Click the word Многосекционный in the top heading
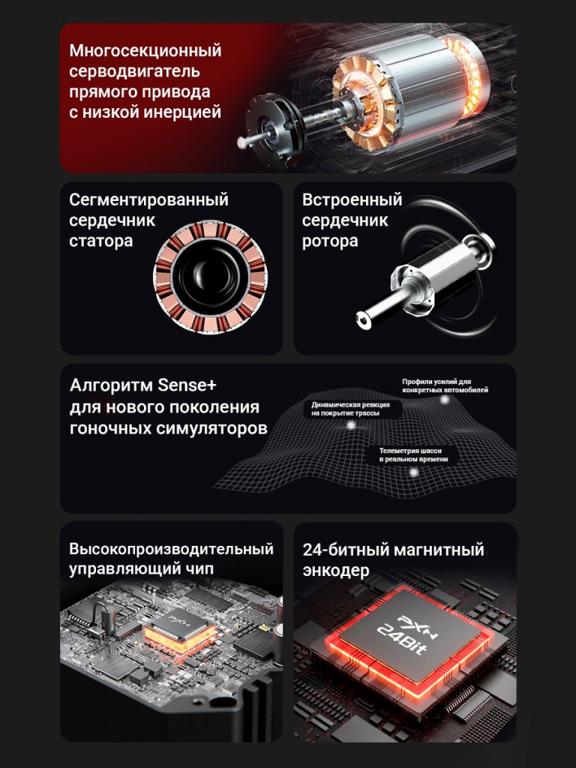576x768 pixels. pyautogui.click(x=145, y=50)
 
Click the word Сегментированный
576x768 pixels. pyautogui.click(x=149, y=199)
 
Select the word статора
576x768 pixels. pyautogui.click(x=101, y=241)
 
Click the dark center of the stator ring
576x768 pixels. pyautogui.click(x=210, y=277)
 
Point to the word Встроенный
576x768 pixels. pyautogui.click(x=352, y=199)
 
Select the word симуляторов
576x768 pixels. pyautogui.click(x=211, y=428)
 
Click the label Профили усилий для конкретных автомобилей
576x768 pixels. pyautogui.click(x=445, y=386)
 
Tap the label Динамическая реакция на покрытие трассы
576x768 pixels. pyautogui.click(x=351, y=409)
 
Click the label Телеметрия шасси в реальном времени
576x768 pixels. pyautogui.click(x=413, y=455)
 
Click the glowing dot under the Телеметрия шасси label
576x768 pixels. pyautogui.click(x=414, y=472)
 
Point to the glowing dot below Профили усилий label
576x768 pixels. pyautogui.click(x=444, y=400)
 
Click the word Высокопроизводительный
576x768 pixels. pyautogui.click(x=171, y=549)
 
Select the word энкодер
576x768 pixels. pyautogui.click(x=336, y=571)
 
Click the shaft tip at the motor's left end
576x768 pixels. pyautogui.click(x=242, y=142)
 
